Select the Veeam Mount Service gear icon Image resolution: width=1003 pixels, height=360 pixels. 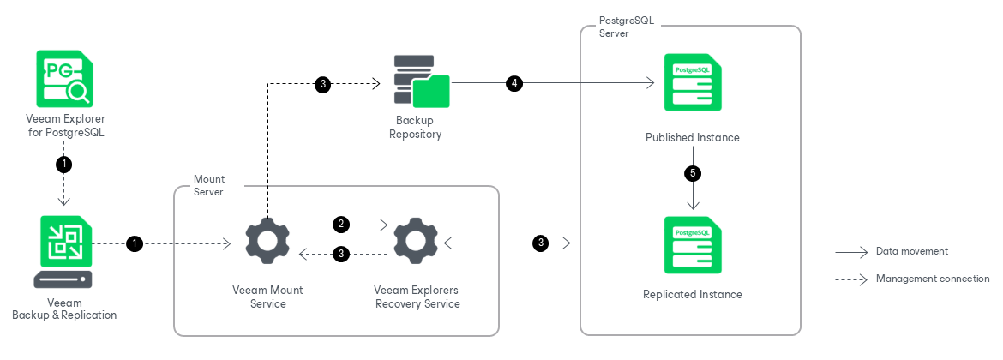pyautogui.click(x=267, y=243)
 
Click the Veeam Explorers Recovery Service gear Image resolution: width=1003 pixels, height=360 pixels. pyautogui.click(x=416, y=243)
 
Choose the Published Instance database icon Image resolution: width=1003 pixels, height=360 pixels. pyautogui.click(x=693, y=82)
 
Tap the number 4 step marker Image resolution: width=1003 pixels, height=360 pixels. pyautogui.click(x=514, y=83)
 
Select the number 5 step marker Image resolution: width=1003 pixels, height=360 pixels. pyautogui.click(x=693, y=173)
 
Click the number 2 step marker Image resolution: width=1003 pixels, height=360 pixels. pyautogui.click(x=341, y=225)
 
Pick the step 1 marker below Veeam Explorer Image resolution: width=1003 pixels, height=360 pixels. pyautogui.click(x=64, y=163)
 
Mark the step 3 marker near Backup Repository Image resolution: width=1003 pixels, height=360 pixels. pyautogui.click(x=322, y=83)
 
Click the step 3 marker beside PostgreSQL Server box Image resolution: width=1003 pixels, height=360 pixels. pyautogui.click(x=539, y=243)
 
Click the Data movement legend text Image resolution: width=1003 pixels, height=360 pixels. pyautogui.click(x=911, y=251)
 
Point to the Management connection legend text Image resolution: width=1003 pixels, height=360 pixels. pyautogui.click(x=933, y=279)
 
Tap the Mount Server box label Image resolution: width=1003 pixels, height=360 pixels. pyautogui.click(x=208, y=185)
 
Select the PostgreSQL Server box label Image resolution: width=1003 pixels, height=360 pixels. pyautogui.click(x=626, y=27)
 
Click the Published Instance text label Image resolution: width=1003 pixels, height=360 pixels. pyautogui.click(x=693, y=137)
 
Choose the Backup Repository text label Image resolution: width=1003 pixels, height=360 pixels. pyautogui.click(x=416, y=128)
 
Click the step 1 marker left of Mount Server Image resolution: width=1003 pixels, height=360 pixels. pyautogui.click(x=134, y=243)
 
